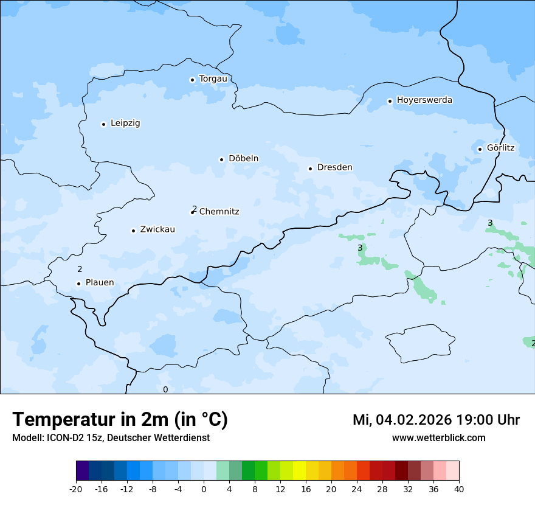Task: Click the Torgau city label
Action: pyautogui.click(x=213, y=79)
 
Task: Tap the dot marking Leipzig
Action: pyautogui.click(x=103, y=124)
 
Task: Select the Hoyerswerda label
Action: pyautogui.click(x=424, y=100)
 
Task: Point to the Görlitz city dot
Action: pyautogui.click(x=480, y=149)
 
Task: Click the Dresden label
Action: pyautogui.click(x=334, y=167)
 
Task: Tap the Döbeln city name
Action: pyautogui.click(x=243, y=159)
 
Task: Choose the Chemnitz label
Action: pyautogui.click(x=219, y=212)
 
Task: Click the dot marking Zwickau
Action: pyautogui.click(x=133, y=231)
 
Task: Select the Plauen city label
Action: pyautogui.click(x=100, y=282)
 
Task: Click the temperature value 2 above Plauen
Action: pyautogui.click(x=80, y=269)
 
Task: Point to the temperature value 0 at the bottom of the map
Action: pyautogui.click(x=165, y=389)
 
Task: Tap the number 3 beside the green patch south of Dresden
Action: pyautogui.click(x=360, y=248)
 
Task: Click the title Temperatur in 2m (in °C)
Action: pyautogui.click(x=120, y=420)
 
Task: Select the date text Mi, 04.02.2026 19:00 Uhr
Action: pyautogui.click(x=436, y=420)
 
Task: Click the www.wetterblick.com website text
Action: pyautogui.click(x=438, y=437)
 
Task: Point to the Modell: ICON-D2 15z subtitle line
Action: pyautogui.click(x=111, y=437)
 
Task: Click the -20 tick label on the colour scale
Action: pyautogui.click(x=76, y=489)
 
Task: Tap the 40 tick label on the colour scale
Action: pyautogui.click(x=459, y=489)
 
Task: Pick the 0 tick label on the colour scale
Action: pyautogui.click(x=204, y=489)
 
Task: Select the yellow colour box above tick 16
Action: pyautogui.click(x=299, y=471)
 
